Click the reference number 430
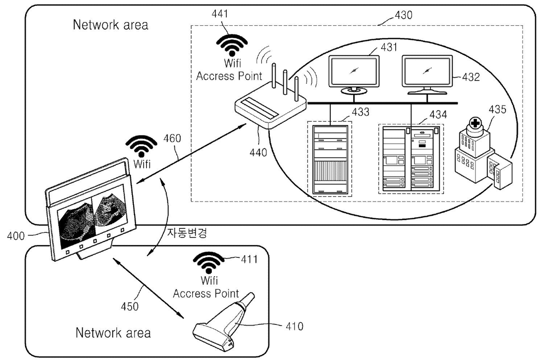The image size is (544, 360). [x=403, y=15]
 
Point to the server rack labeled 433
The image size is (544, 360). [x=330, y=160]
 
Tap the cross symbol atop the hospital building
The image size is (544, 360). [x=475, y=123]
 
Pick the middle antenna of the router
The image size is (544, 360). [x=285, y=82]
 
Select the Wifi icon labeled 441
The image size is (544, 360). [x=232, y=45]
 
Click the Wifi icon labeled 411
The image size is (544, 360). [x=209, y=263]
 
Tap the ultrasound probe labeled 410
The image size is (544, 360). [x=223, y=323]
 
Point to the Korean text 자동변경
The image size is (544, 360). [x=187, y=233]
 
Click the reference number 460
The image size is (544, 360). [x=172, y=139]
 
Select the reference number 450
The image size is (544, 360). [x=130, y=307]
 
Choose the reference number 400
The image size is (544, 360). [x=16, y=236]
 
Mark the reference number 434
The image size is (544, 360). [x=438, y=114]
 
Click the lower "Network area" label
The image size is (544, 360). [x=113, y=333]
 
